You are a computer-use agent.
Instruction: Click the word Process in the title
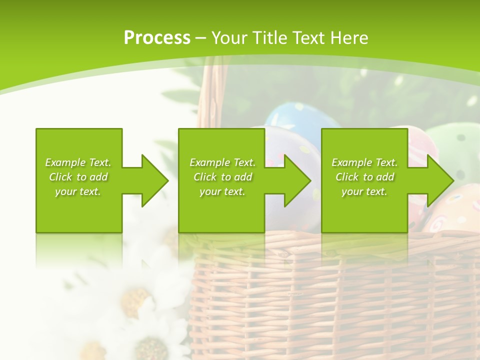point(157,38)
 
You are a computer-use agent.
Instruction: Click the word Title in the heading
point(268,38)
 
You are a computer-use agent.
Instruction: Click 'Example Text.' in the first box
point(78,162)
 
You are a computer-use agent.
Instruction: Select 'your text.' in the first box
point(78,191)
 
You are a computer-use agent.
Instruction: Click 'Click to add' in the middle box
point(222,177)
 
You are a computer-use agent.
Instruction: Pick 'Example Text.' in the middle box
point(222,162)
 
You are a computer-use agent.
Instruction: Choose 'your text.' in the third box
point(364,191)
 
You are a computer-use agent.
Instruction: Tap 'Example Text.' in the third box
point(364,162)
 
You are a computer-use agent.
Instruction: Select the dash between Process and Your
point(201,38)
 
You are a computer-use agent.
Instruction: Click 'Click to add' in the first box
point(78,177)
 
